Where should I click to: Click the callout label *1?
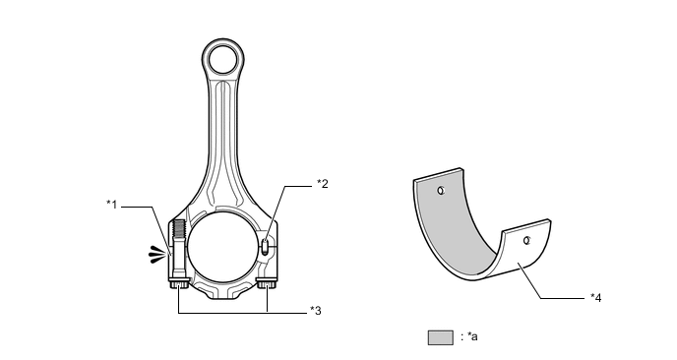114,204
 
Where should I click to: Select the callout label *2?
322,183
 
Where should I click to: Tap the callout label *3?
316,311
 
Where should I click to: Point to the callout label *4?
595,296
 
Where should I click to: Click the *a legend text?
469,337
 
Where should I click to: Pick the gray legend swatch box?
440,337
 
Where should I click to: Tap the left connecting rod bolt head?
178,285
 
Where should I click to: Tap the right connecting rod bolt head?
267,285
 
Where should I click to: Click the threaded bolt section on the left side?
178,236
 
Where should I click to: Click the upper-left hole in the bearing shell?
442,190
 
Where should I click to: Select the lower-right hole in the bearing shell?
527,239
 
